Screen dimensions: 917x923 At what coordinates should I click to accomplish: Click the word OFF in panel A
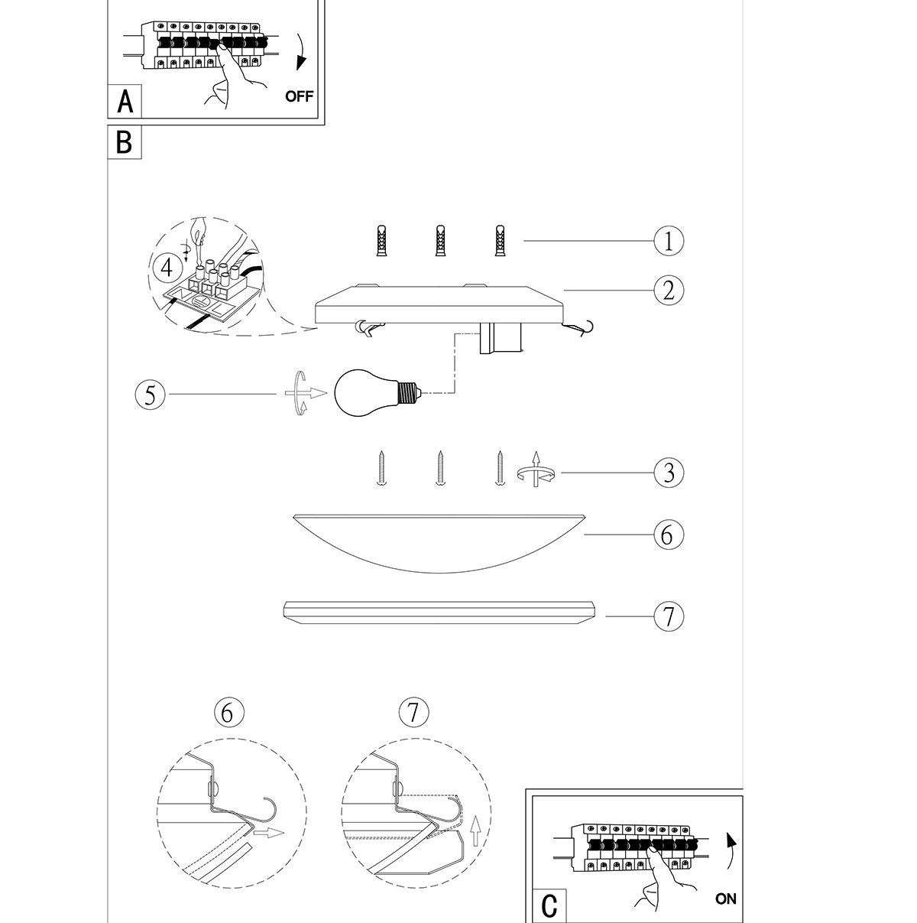coord(299,96)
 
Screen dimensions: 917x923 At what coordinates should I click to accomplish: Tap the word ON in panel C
coord(725,899)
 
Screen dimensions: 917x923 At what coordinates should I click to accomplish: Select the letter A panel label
coord(125,102)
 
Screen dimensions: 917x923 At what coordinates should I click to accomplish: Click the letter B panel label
coord(124,141)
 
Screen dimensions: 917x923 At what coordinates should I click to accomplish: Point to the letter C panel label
coord(549,905)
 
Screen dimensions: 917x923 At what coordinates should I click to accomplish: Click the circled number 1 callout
coord(669,240)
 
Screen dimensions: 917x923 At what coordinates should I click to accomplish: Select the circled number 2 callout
coord(669,291)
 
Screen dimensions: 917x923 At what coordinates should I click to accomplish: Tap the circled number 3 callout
coord(669,473)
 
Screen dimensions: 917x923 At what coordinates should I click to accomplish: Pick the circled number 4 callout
coord(167,268)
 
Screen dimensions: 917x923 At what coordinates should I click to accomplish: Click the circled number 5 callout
coord(150,395)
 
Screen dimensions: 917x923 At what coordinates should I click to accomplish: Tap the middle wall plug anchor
coord(441,240)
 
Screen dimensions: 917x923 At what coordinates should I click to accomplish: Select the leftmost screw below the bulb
coord(381,468)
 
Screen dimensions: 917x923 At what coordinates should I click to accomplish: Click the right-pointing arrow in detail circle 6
coord(269,833)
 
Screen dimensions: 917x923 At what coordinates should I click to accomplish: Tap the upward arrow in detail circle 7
coord(475,831)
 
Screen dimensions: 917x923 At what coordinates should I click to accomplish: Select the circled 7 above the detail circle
coord(413,712)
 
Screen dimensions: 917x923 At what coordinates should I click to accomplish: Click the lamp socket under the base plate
coord(500,338)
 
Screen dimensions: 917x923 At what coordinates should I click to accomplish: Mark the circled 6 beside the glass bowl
coord(669,535)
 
